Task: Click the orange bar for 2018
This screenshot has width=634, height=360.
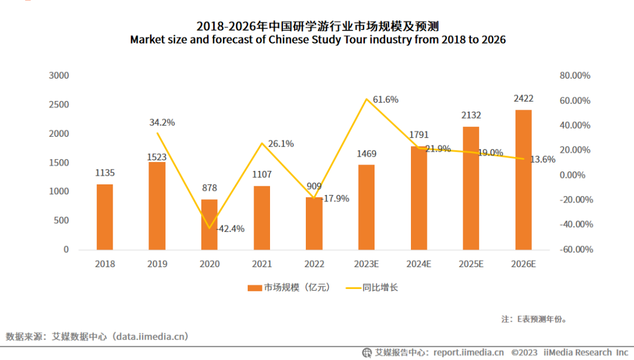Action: click(104, 217)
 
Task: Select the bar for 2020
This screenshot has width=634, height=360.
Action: click(209, 224)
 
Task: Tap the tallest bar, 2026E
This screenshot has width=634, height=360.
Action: click(523, 179)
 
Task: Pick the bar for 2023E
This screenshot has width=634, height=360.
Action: click(366, 207)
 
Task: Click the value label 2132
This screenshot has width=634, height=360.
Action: click(471, 115)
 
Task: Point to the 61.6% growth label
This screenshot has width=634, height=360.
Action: click(386, 100)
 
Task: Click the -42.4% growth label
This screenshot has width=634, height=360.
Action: click(230, 228)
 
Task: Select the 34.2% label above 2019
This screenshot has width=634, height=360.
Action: click(162, 123)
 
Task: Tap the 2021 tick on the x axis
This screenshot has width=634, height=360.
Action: click(262, 264)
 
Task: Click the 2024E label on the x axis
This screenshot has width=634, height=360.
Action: click(419, 264)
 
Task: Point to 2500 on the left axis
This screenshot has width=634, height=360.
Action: click(59, 105)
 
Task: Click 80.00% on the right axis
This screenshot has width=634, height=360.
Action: click(575, 76)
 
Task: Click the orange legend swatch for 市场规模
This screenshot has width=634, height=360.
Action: click(254, 288)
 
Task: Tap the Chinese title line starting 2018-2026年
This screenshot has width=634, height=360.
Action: click(318, 26)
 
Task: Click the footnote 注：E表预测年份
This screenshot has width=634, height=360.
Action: click(534, 319)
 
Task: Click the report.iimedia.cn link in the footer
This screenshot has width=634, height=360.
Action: click(468, 352)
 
